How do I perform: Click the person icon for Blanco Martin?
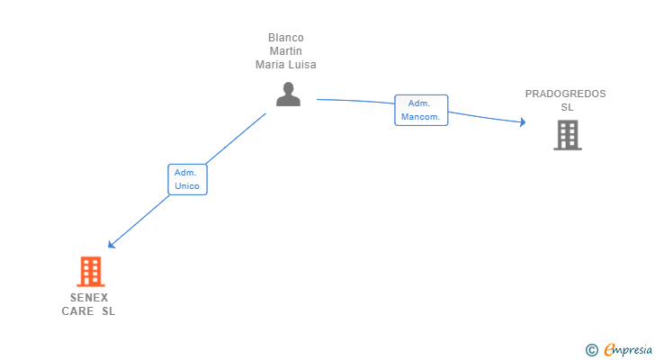point(288,94)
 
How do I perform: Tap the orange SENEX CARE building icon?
point(90,271)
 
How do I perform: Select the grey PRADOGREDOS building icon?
point(567,135)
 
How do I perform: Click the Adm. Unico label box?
point(187,179)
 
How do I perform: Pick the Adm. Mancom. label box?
point(421,110)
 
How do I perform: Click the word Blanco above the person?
point(286,38)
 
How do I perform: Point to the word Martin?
point(286,51)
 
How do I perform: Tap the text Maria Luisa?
point(286,65)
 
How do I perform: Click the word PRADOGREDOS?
point(566,94)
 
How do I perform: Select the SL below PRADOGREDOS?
point(567,107)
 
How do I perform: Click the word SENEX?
point(89,298)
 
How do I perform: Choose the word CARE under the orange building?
point(76,311)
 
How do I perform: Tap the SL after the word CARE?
point(109,311)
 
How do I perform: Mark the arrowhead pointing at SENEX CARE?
point(111,245)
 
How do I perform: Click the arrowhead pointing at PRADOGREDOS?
point(522,122)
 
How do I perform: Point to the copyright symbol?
point(592,350)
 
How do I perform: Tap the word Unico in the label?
point(187,186)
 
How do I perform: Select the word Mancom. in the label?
point(421,117)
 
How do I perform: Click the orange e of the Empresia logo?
point(609,350)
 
